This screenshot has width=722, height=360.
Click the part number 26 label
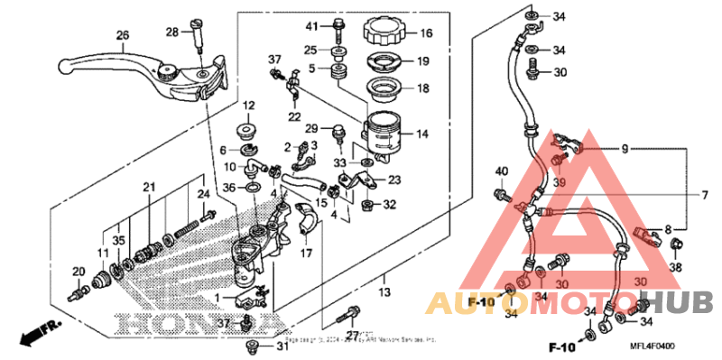[x=123, y=36]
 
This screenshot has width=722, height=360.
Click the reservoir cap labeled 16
[x=385, y=33]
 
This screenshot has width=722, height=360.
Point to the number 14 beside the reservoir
[x=421, y=134]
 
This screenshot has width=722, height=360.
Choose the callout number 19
[x=421, y=62]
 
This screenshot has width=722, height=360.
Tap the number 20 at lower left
[x=79, y=271]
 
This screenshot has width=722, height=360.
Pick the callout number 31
[x=282, y=347]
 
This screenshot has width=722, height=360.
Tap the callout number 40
[x=502, y=172]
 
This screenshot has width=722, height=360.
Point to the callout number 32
[x=389, y=205]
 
